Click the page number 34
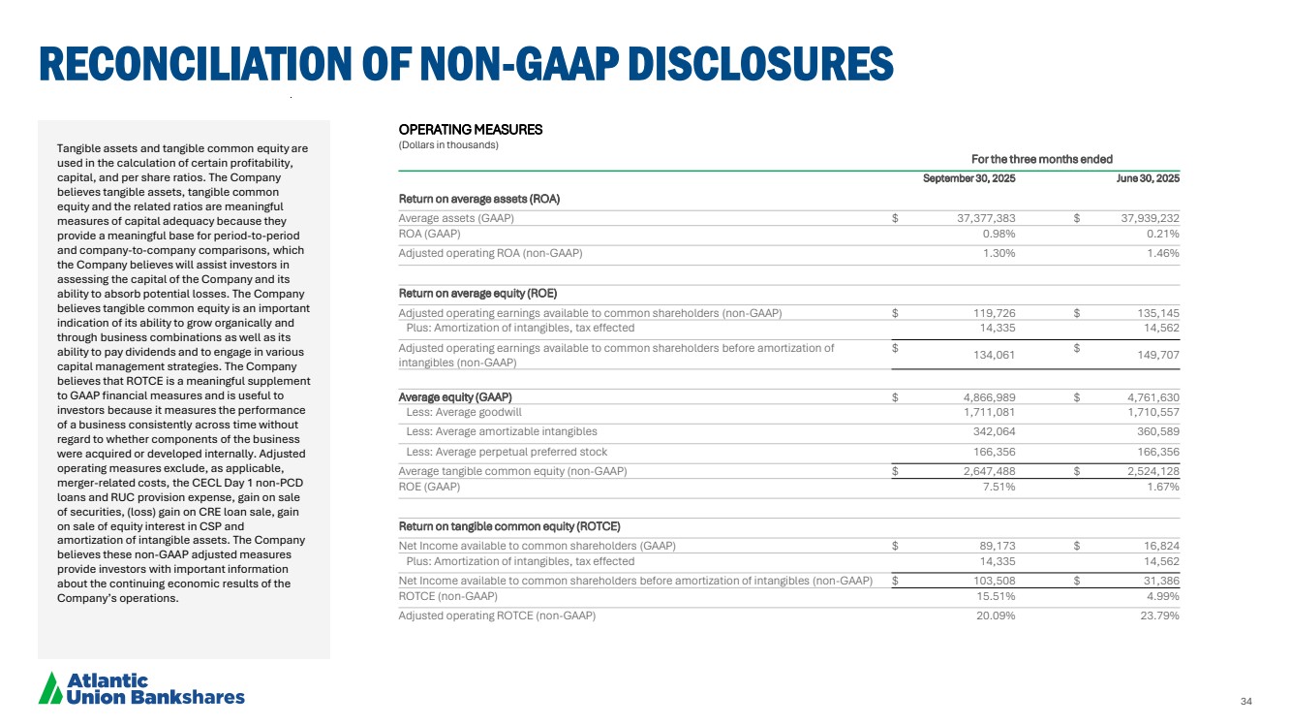click(x=1246, y=702)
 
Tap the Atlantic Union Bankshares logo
click(x=141, y=688)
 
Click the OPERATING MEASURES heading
click(x=471, y=129)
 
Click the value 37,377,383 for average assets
click(x=979, y=218)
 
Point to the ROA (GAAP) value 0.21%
click(x=1160, y=234)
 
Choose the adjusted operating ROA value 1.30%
click(x=999, y=253)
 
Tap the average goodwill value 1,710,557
click(x=1148, y=413)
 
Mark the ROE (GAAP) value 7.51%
click(x=999, y=487)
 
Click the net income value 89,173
click(x=992, y=546)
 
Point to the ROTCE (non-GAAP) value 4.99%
click(x=1160, y=596)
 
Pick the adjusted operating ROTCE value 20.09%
click(x=995, y=616)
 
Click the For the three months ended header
click(x=1041, y=159)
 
